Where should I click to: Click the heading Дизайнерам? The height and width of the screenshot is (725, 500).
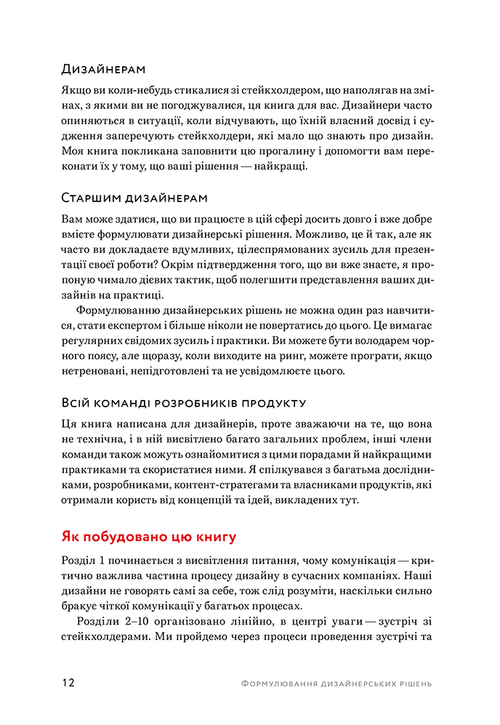pos(104,69)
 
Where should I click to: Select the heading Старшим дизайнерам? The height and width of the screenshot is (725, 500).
pos(134,198)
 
